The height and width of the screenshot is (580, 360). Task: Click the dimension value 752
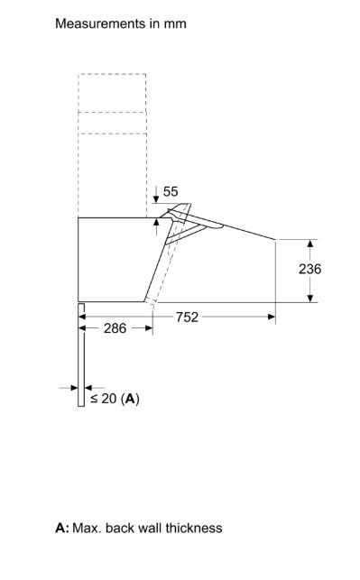[x=187, y=317]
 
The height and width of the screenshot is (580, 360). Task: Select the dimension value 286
[x=115, y=328]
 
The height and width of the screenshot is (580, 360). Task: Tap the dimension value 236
[x=310, y=269]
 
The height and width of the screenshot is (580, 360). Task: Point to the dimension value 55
[x=171, y=191]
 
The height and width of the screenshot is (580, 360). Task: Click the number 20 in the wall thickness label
[x=109, y=399]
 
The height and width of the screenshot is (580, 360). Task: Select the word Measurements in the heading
[x=100, y=23]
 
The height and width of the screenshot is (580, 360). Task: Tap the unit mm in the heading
[x=175, y=24]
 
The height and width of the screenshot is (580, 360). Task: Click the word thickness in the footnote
[x=194, y=528]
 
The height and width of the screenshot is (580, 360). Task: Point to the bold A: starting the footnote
[x=62, y=528]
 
